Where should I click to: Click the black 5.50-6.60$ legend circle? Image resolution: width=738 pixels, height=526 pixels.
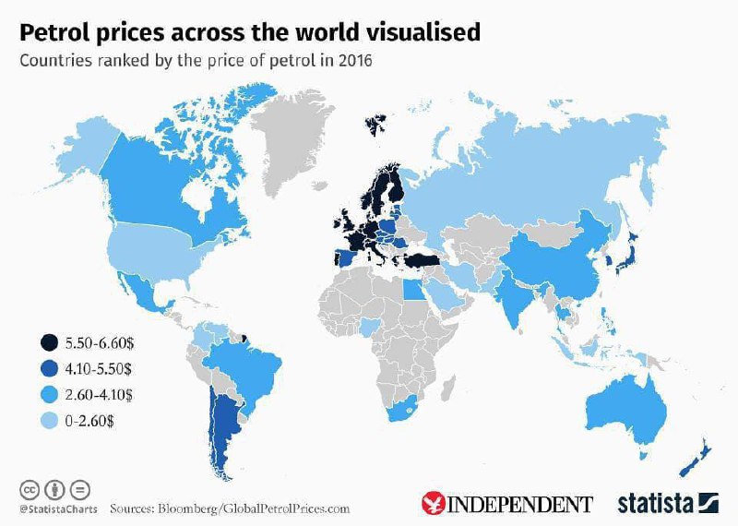pos(46,343)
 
